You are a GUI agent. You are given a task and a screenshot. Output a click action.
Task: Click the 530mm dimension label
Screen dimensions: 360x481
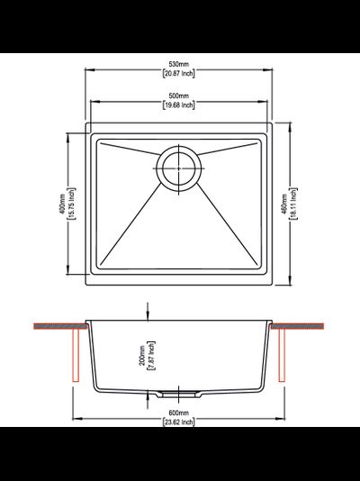(x=179, y=64)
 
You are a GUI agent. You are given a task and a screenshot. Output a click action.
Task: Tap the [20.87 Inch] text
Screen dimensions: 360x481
(x=178, y=73)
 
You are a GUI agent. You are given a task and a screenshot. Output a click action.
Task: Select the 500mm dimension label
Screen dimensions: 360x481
(x=179, y=96)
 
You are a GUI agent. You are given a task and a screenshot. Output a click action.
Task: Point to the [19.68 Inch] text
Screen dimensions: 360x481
(x=178, y=104)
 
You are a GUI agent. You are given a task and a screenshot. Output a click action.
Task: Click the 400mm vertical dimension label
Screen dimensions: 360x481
(x=62, y=204)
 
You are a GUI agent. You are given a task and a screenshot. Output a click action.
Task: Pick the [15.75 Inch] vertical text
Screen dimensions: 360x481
(x=71, y=204)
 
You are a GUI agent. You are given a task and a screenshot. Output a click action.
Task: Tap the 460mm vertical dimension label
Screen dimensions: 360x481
(x=284, y=204)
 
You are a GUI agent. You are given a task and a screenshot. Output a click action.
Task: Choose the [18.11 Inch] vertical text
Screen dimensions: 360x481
(x=293, y=204)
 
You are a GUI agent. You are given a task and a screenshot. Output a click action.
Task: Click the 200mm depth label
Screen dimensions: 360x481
(x=142, y=356)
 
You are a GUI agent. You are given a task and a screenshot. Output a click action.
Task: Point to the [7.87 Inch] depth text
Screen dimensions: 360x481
(x=151, y=356)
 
